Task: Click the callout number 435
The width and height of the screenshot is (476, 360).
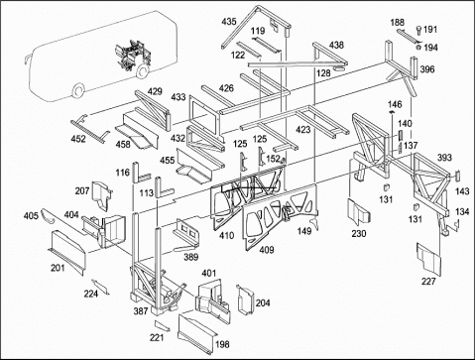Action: (x=229, y=22)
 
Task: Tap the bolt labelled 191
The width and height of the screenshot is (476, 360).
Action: (x=418, y=30)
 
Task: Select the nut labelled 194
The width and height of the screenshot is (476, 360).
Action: (x=418, y=48)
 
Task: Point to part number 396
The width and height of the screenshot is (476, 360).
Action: (x=427, y=69)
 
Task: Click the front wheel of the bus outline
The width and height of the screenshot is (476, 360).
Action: (x=78, y=91)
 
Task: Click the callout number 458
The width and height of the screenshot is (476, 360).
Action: (x=123, y=145)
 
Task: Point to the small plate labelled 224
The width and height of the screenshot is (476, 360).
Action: (x=100, y=287)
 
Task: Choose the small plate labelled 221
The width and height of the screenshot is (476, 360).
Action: (x=163, y=325)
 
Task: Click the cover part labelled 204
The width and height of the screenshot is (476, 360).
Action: (x=245, y=300)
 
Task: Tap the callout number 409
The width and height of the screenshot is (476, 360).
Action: (x=267, y=250)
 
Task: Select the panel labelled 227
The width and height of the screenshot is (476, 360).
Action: (x=428, y=259)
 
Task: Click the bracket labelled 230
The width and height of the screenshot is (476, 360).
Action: (x=358, y=211)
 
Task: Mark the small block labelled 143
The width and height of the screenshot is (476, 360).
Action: (x=458, y=176)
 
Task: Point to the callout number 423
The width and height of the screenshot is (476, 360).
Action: (x=303, y=129)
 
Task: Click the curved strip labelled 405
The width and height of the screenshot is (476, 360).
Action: (x=49, y=217)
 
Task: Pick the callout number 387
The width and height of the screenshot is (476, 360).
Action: (x=141, y=310)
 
